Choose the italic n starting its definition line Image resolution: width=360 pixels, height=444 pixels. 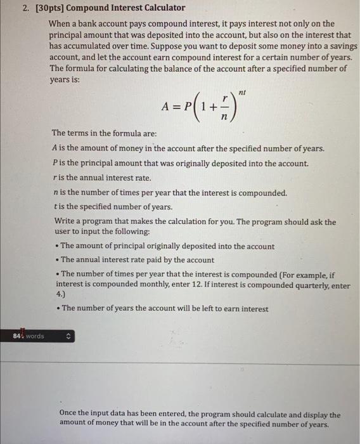(x=56, y=193)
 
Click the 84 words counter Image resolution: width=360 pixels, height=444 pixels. (x=29, y=336)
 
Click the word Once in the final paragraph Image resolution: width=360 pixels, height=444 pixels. (x=70, y=414)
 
